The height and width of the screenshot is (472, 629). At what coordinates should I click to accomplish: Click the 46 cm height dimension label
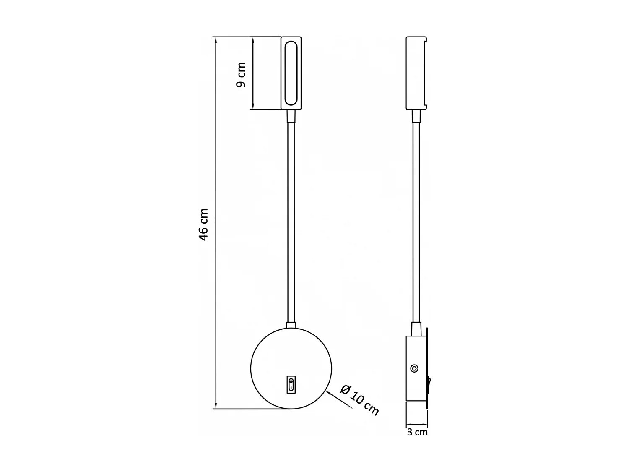203,224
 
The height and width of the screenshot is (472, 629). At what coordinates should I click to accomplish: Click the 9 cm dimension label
241,74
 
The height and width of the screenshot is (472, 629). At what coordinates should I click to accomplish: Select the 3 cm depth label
417,432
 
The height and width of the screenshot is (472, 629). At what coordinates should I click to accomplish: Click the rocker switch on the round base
291,385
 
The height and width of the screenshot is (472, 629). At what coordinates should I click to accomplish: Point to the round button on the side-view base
414,368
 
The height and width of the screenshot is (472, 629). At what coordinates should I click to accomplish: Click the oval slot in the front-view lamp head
291,73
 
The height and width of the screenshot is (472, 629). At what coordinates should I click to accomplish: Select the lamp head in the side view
416,73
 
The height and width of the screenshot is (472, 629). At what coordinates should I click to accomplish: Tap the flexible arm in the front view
291,222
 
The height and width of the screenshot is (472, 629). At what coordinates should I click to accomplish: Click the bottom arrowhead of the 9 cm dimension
253,106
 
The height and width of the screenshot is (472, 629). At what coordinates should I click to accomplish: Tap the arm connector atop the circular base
291,325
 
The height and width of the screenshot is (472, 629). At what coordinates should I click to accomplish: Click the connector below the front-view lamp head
291,116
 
